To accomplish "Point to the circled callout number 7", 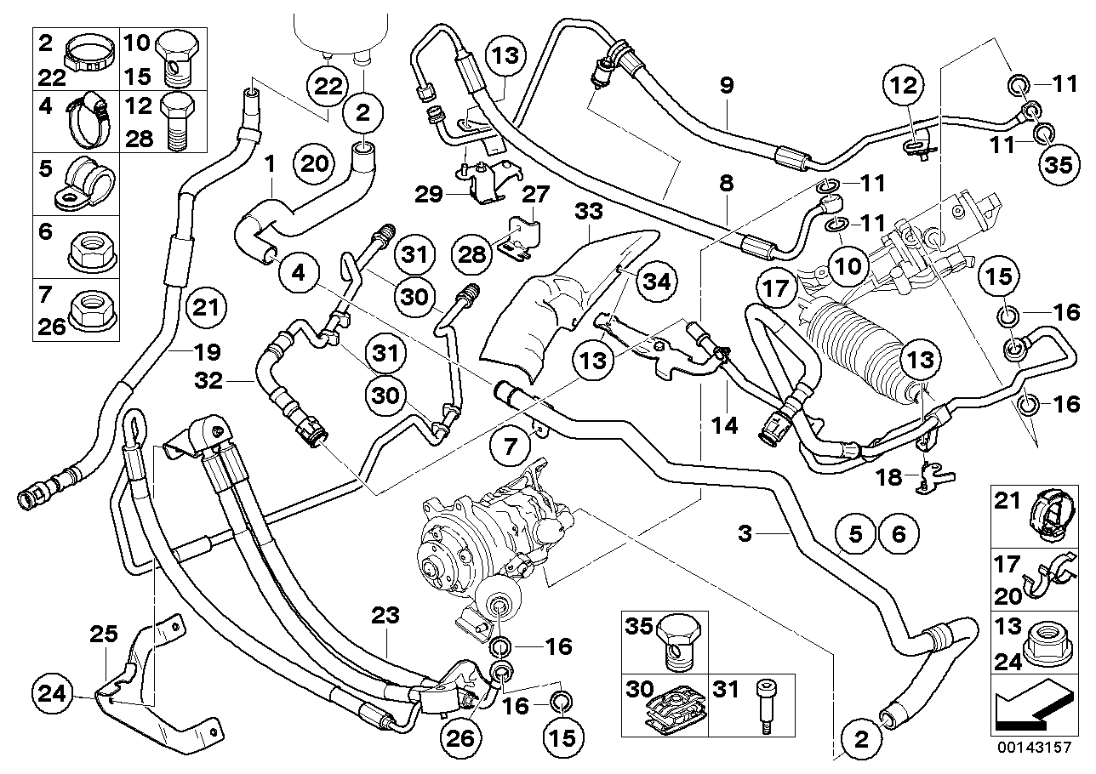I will (x=511, y=445).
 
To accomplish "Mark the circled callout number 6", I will (x=899, y=534).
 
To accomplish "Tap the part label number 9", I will (x=726, y=86).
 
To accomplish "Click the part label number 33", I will (x=585, y=210).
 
